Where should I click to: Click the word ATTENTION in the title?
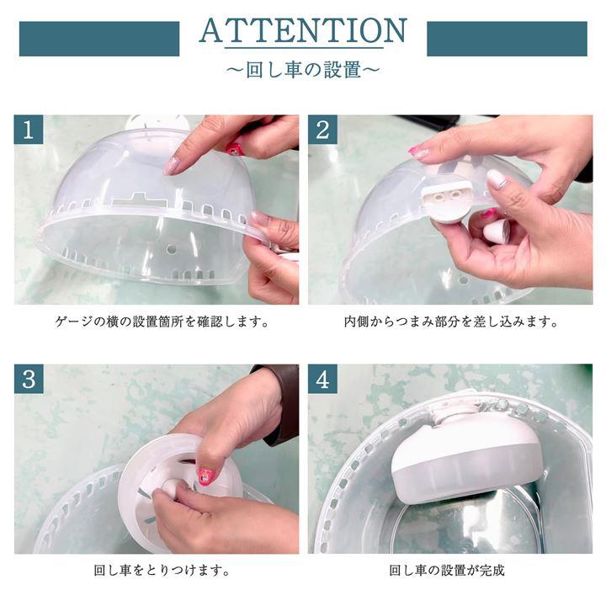[303, 30]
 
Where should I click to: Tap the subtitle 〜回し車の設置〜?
[303, 70]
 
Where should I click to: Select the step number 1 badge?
[29, 130]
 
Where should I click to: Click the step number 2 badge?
[322, 130]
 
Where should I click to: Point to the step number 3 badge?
[29, 379]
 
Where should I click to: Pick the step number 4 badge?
[322, 379]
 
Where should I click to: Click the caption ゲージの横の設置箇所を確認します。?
[162, 322]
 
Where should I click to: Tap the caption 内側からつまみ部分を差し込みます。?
[451, 322]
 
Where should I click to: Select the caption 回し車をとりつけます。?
[162, 571]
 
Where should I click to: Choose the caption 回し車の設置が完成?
[447, 571]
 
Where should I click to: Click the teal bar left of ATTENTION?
[99, 39]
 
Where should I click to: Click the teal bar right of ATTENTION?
[507, 39]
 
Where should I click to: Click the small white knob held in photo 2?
[497, 233]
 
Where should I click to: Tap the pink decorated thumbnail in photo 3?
[205, 476]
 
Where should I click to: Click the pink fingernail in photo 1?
[234, 148]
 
